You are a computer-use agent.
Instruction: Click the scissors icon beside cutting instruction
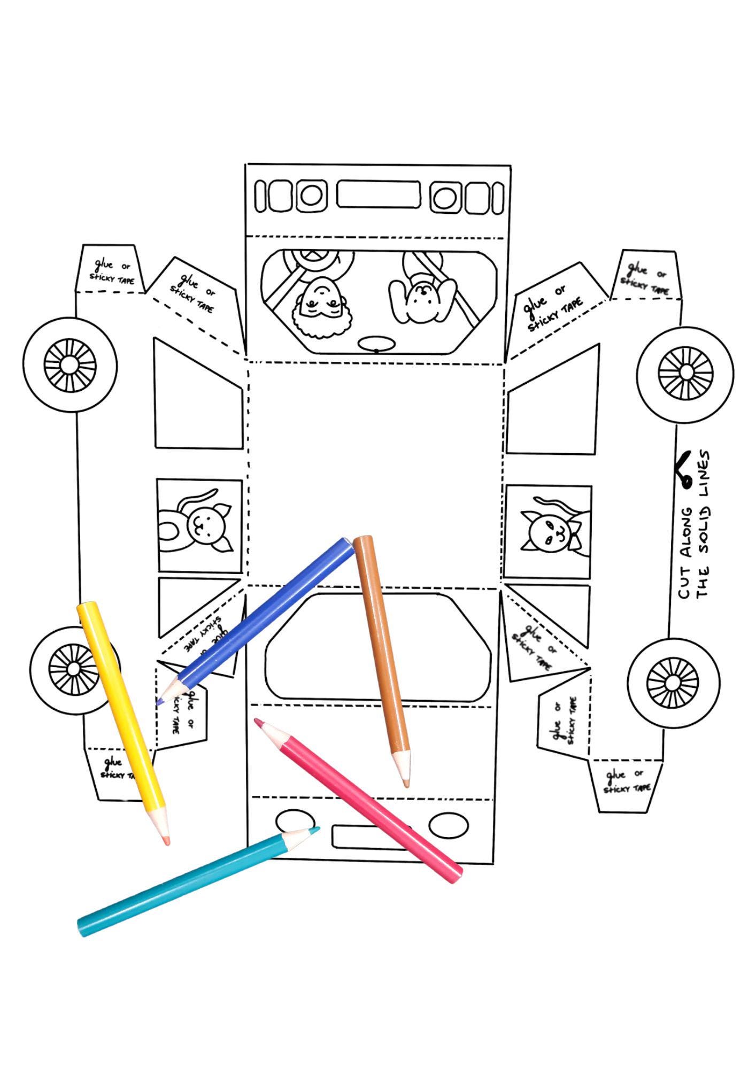[685, 471]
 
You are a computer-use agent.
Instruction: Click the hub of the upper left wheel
[70, 366]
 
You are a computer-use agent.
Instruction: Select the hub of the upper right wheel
[685, 372]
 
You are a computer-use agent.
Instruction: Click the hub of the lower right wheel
[672, 683]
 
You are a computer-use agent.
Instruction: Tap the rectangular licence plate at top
[378, 194]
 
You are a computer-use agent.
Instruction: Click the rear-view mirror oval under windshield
[376, 345]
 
